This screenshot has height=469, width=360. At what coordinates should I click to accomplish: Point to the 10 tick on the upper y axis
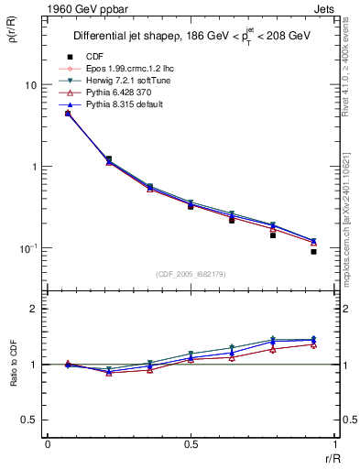29,85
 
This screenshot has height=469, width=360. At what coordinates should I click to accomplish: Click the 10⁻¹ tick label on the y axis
27,248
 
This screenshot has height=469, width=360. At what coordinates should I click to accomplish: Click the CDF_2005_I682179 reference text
191,274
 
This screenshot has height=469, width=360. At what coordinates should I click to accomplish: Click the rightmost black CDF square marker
313,252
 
